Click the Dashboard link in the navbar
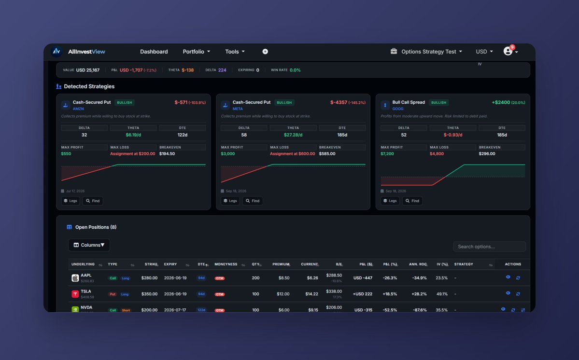coord(154,52)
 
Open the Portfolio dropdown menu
coord(196,52)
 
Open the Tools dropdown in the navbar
coord(235,52)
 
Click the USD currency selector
coord(484,52)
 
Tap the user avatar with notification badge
coord(508,51)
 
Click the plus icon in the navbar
coord(265,52)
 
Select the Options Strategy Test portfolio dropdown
coord(426,52)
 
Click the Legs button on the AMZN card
coord(71,201)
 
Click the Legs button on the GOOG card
coord(390,201)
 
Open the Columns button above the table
coord(89,245)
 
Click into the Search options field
coord(489,247)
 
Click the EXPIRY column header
coord(170,264)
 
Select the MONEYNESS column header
coord(226,264)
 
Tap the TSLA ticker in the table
coord(86,291)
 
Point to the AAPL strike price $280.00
coord(149,278)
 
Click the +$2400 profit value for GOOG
coord(501,102)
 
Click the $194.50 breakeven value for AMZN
coord(167,154)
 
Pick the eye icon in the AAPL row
coord(508,277)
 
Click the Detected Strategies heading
coord(89,86)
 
